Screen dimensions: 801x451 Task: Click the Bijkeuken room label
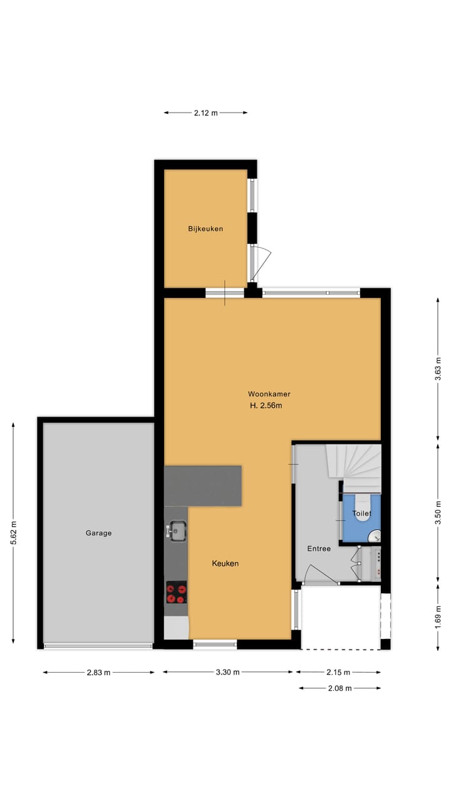pyautogui.click(x=205, y=229)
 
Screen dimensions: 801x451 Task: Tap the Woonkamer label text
pyautogui.click(x=269, y=394)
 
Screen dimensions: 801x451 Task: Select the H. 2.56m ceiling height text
pyautogui.click(x=266, y=406)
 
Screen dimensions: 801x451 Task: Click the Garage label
pyautogui.click(x=98, y=533)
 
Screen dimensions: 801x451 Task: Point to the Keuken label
pyautogui.click(x=225, y=563)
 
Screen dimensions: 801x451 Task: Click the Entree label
pyautogui.click(x=318, y=549)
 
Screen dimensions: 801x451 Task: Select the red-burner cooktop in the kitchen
pyautogui.click(x=176, y=593)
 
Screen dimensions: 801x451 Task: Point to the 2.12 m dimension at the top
pyautogui.click(x=205, y=113)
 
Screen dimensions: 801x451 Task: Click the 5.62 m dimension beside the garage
pyautogui.click(x=13, y=533)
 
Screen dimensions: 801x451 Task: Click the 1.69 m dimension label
pyautogui.click(x=438, y=617)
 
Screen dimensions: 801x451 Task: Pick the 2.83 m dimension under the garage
pyautogui.click(x=98, y=673)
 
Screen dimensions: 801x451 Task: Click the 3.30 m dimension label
pyautogui.click(x=227, y=673)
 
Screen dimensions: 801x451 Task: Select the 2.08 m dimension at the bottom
pyautogui.click(x=340, y=688)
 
